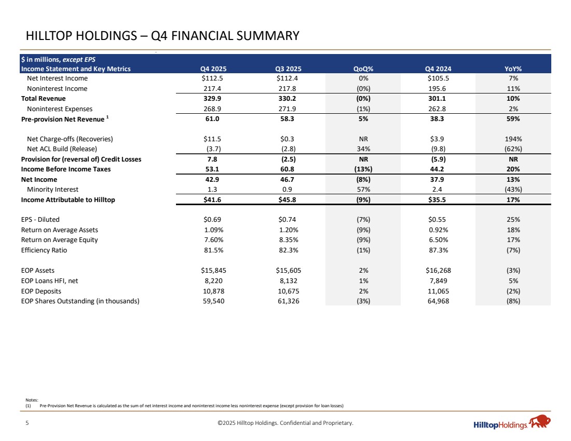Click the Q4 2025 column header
(x=213, y=69)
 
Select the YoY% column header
(x=513, y=69)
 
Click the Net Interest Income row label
(x=57, y=78)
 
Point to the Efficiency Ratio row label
(x=44, y=250)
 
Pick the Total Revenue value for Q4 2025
(x=213, y=98)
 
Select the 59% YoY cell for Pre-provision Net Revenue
(x=513, y=119)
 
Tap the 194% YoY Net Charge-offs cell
(x=513, y=139)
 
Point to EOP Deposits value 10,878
(x=213, y=290)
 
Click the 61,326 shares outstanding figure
(x=289, y=300)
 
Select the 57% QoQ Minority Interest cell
(x=363, y=189)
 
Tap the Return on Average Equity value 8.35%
(x=289, y=239)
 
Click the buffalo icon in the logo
(x=540, y=422)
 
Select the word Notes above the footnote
(x=32, y=399)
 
